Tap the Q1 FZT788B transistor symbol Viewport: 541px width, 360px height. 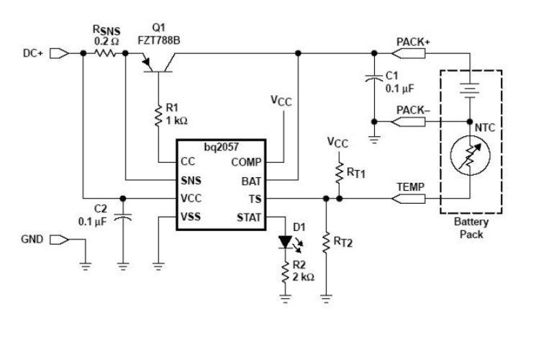157,63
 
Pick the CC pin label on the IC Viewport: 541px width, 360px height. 189,162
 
